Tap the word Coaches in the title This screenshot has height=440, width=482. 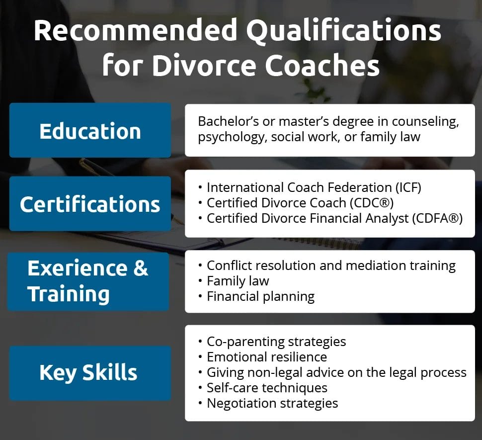pyautogui.click(x=322, y=66)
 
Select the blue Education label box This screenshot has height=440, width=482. pyautogui.click(x=90, y=131)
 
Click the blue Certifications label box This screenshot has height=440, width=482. pyautogui.click(x=90, y=204)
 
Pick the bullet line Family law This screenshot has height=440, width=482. pyautogui.click(x=238, y=281)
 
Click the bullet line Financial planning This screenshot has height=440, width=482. pyautogui.click(x=260, y=296)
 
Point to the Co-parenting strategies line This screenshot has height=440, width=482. pyautogui.click(x=276, y=342)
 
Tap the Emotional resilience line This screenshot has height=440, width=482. pyautogui.click(x=266, y=356)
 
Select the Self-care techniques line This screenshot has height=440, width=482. pyautogui.click(x=267, y=387)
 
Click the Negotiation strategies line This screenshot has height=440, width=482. pyautogui.click(x=272, y=403)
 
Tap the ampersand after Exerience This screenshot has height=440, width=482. pyautogui.click(x=141, y=268)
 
